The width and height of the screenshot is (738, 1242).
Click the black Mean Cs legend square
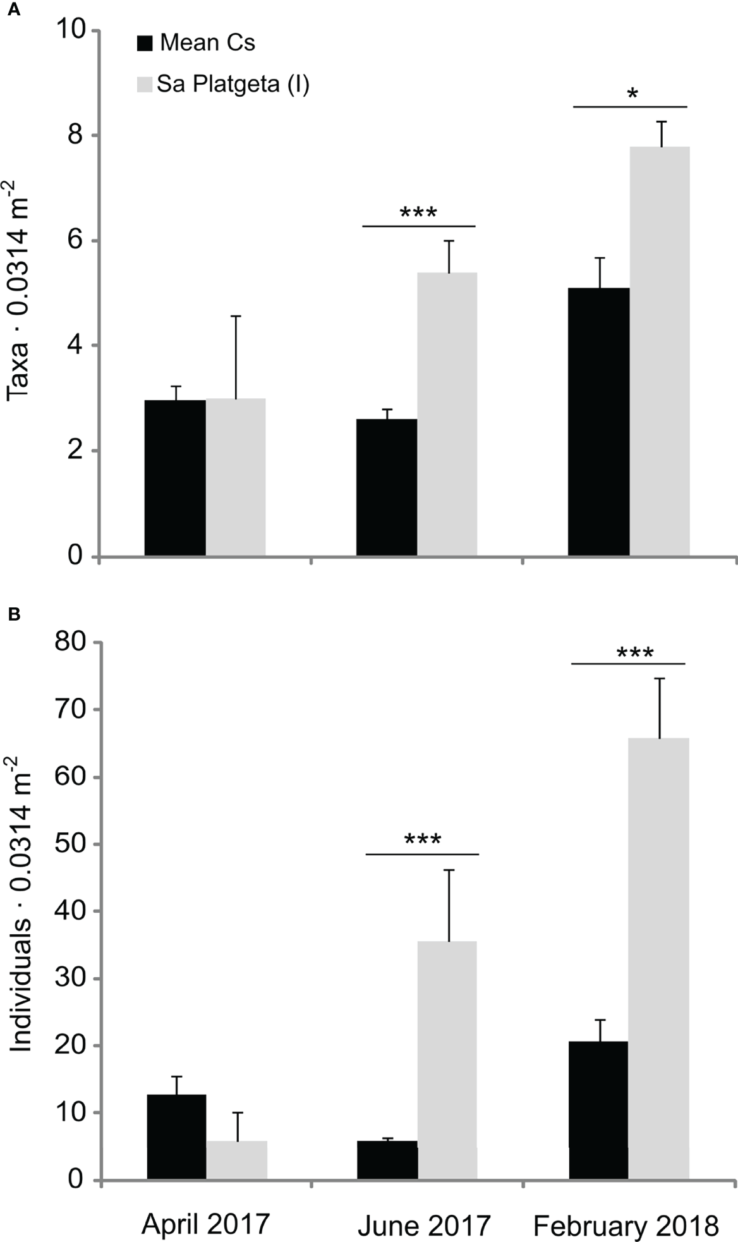click(x=145, y=44)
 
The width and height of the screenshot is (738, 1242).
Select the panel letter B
click(x=12, y=613)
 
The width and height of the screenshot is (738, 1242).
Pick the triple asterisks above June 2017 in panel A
click(x=418, y=212)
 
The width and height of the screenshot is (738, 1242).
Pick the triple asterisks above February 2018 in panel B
click(x=634, y=652)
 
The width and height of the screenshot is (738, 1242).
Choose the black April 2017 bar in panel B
click(x=176, y=1137)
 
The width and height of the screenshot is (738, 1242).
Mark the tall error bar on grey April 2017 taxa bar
click(x=236, y=357)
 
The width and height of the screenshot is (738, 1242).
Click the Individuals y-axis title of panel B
click(x=20, y=904)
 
